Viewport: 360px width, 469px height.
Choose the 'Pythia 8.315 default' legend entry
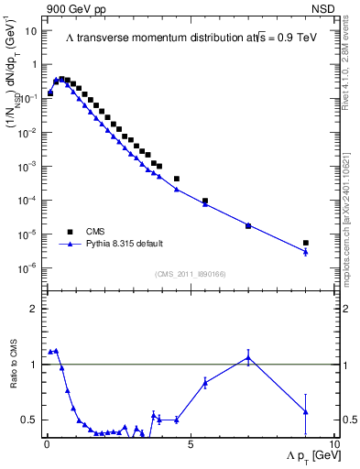[x=125, y=244]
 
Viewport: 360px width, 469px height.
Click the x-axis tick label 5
[x=190, y=444]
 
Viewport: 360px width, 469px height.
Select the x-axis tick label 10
[x=333, y=444]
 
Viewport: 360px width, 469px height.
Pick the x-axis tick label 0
[x=46, y=444]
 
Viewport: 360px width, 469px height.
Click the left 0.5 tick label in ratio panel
[x=30, y=420]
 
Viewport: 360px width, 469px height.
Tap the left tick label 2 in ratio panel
[x=35, y=310]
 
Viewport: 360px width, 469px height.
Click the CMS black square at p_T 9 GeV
[x=306, y=243]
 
